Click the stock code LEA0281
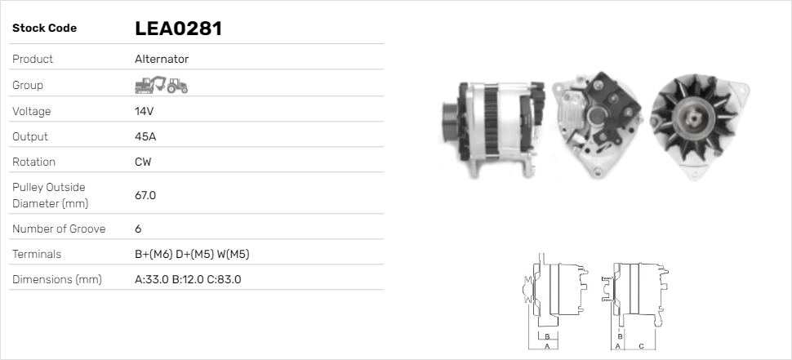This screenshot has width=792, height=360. tap(178, 29)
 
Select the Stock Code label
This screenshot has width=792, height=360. tap(44, 29)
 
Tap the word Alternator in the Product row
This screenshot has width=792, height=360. tap(162, 59)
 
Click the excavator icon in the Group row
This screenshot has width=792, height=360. tap(150, 85)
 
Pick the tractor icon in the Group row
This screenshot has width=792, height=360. tap(177, 86)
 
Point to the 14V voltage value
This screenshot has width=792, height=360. tap(144, 111)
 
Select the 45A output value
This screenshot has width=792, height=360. tap(145, 136)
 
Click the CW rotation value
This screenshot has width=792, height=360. tap(143, 162)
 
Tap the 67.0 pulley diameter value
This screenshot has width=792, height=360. tap(145, 195)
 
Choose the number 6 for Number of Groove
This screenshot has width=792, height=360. tap(138, 229)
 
